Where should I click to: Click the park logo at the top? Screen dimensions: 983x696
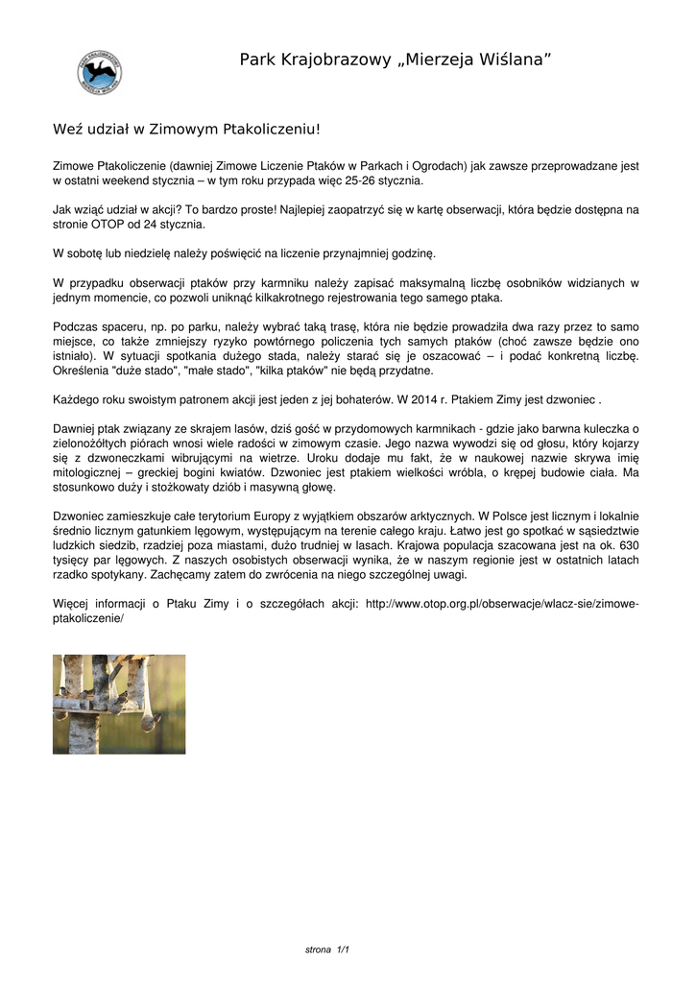[x=99, y=72]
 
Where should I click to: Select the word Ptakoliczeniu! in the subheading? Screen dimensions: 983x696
[x=271, y=128]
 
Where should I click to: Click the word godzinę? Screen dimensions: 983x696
[x=412, y=253]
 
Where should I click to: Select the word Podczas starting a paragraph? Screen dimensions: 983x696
[x=75, y=327]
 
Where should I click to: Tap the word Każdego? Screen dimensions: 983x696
[x=76, y=398]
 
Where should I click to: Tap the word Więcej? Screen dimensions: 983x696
[x=73, y=604]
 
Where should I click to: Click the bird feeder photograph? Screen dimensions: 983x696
[x=119, y=705]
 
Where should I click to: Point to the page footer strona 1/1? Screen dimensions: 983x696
[x=326, y=950]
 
